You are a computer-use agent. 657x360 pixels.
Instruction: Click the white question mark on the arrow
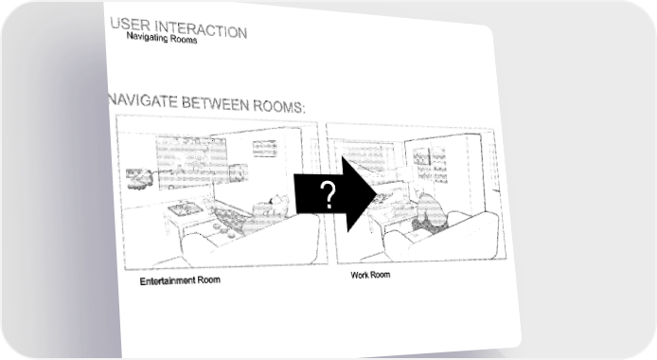pyautogui.click(x=329, y=195)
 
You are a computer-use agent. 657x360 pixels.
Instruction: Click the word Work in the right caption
pyautogui.click(x=359, y=276)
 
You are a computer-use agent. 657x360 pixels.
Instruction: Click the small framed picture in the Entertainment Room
pyautogui.click(x=265, y=149)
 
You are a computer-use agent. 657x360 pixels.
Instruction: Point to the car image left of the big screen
pyautogui.click(x=139, y=179)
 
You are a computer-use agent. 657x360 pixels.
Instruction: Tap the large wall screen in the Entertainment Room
pyautogui.click(x=190, y=160)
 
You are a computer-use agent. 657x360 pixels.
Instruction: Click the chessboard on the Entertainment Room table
pyautogui.click(x=183, y=208)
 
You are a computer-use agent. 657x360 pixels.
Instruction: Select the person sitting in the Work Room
pyautogui.click(x=428, y=211)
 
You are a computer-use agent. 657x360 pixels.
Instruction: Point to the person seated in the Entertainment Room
pyautogui.click(x=273, y=207)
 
